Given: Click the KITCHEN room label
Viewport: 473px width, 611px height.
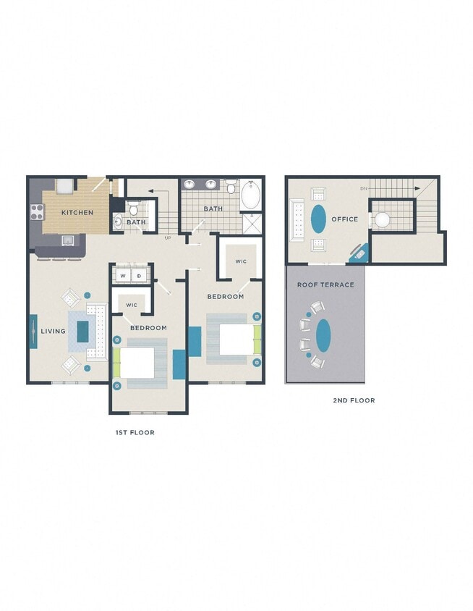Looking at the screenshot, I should [x=77, y=213].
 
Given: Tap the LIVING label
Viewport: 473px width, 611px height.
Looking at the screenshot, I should [x=53, y=332].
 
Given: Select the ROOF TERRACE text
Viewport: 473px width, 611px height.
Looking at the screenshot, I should [x=325, y=285].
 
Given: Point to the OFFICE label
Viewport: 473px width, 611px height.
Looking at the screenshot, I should [x=344, y=219].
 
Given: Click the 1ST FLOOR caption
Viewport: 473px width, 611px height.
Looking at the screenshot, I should [x=135, y=432].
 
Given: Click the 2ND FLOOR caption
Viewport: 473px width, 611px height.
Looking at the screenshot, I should [x=354, y=400].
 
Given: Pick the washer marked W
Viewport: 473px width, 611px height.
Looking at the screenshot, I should [x=123, y=276].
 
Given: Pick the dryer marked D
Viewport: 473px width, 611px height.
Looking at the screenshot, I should [x=139, y=276].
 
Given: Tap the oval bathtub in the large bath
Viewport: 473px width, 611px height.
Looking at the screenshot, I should [x=250, y=195].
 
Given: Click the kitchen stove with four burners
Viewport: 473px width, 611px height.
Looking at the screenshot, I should [x=36, y=212].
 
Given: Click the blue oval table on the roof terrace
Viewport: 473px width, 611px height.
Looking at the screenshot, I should [x=323, y=334].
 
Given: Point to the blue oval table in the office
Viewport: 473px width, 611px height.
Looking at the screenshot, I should [x=318, y=219].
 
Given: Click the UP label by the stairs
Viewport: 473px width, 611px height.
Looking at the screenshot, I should [x=168, y=237].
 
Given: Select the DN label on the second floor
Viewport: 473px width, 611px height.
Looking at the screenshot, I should [x=363, y=189].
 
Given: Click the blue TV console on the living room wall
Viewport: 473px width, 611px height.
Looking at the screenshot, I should [x=33, y=332].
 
